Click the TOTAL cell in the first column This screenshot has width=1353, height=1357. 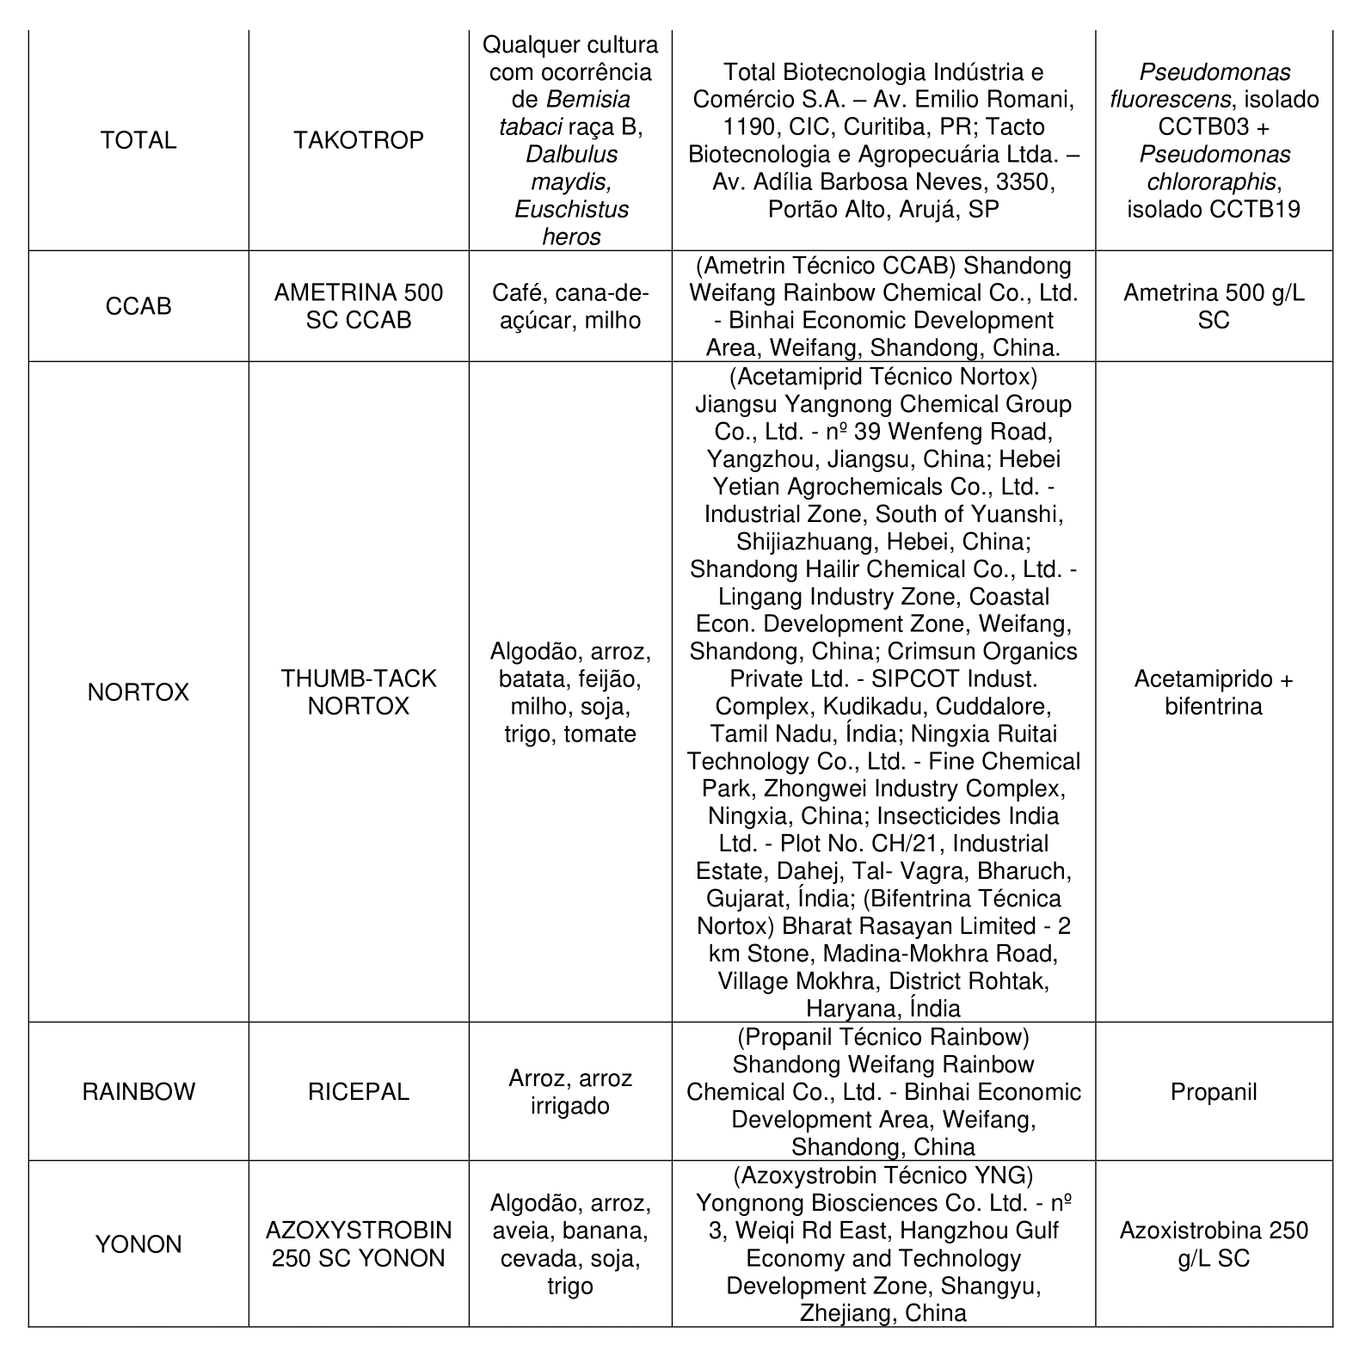(x=138, y=140)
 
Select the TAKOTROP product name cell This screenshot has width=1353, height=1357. (x=358, y=140)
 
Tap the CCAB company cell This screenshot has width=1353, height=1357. (x=138, y=306)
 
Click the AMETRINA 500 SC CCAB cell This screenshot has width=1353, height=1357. (x=358, y=306)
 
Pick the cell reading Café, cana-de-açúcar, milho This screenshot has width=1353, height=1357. (x=570, y=306)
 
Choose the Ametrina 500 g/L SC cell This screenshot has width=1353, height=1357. (x=1213, y=306)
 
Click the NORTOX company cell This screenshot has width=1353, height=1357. (x=138, y=692)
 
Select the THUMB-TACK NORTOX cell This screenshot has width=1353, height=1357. (x=358, y=692)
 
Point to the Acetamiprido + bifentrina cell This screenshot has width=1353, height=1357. (x=1213, y=692)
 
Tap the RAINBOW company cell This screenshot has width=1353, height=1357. (x=138, y=1092)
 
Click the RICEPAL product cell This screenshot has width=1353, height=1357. (x=358, y=1092)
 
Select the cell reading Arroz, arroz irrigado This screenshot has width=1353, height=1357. (x=570, y=1092)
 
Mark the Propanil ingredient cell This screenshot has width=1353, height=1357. (x=1213, y=1092)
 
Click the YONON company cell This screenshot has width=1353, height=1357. (x=138, y=1244)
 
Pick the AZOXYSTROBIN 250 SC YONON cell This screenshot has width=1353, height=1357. (x=358, y=1244)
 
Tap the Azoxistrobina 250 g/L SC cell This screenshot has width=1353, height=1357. (x=1213, y=1244)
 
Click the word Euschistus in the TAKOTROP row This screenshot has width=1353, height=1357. (x=571, y=210)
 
